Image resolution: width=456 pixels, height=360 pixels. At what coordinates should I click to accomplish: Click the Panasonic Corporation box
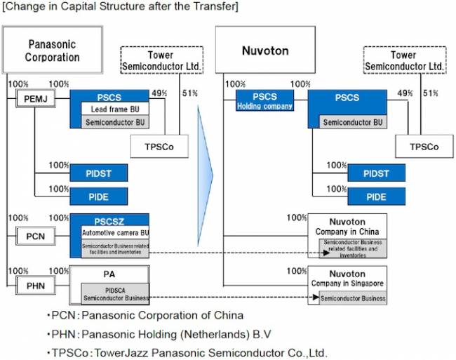53,50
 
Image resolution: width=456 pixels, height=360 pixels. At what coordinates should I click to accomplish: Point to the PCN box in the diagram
34,236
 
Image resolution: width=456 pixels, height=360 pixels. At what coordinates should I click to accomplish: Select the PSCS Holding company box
264,101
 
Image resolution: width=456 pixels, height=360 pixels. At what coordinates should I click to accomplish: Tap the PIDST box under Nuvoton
377,173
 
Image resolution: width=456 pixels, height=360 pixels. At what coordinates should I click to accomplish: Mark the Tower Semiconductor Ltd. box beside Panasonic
161,60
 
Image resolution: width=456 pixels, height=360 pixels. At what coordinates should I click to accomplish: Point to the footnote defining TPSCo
187,352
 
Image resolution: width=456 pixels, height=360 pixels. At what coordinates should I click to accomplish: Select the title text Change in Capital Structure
120,7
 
